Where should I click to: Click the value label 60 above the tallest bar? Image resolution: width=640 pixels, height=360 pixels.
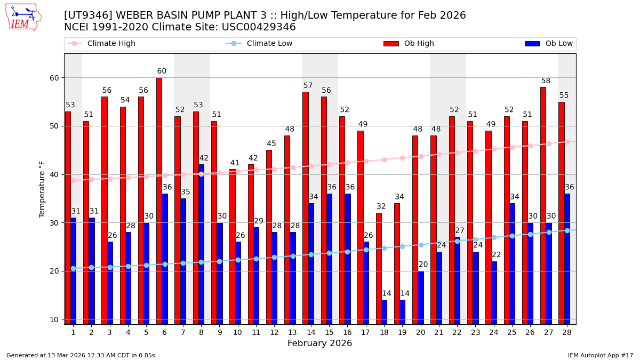162,71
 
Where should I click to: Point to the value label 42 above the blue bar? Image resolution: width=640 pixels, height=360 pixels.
204,158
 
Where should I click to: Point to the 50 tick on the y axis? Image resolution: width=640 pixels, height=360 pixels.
54,126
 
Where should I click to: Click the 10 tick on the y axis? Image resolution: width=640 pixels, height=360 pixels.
54,319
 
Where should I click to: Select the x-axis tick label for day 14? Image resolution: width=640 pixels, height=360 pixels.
311,332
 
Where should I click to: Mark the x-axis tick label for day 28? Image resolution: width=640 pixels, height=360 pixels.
567,332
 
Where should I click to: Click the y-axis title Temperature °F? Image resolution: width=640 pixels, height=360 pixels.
43,189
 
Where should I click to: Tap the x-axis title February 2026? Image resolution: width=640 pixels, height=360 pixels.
319,343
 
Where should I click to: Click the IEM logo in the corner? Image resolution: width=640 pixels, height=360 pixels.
23,17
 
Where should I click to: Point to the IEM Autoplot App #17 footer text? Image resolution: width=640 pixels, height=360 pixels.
601,355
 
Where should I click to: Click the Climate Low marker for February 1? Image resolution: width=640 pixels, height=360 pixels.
73,269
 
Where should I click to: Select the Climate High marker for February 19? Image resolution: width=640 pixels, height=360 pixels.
402,158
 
